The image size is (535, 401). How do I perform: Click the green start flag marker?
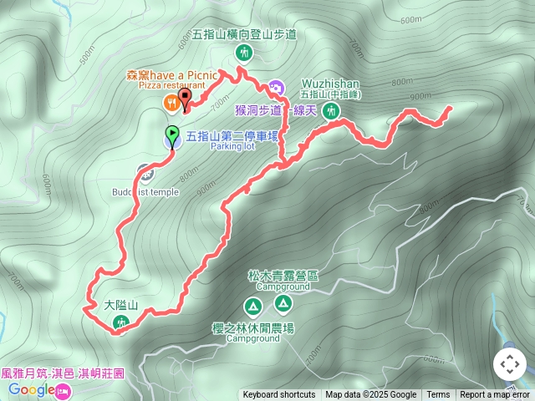[x=171, y=134]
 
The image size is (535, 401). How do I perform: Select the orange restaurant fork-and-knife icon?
[x=170, y=102]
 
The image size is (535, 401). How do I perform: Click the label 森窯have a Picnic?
[x=172, y=74]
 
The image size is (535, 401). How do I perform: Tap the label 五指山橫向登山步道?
[x=244, y=35]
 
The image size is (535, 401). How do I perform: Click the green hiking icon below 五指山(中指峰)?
[x=332, y=110]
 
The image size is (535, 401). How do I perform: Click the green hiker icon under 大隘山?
[x=120, y=322]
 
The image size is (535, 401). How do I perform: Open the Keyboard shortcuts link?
[x=279, y=395]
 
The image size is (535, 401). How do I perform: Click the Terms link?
[x=438, y=395]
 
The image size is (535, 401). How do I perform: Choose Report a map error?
[x=496, y=395]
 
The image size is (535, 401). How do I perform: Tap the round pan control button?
[x=509, y=364]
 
